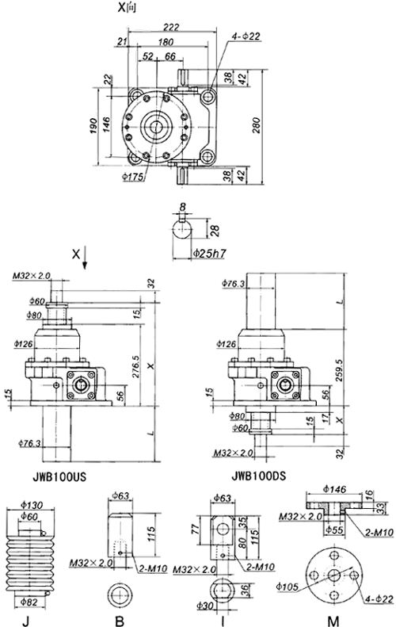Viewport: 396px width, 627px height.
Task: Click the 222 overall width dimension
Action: point(166,27)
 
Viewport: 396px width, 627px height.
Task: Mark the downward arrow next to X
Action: point(86,260)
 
